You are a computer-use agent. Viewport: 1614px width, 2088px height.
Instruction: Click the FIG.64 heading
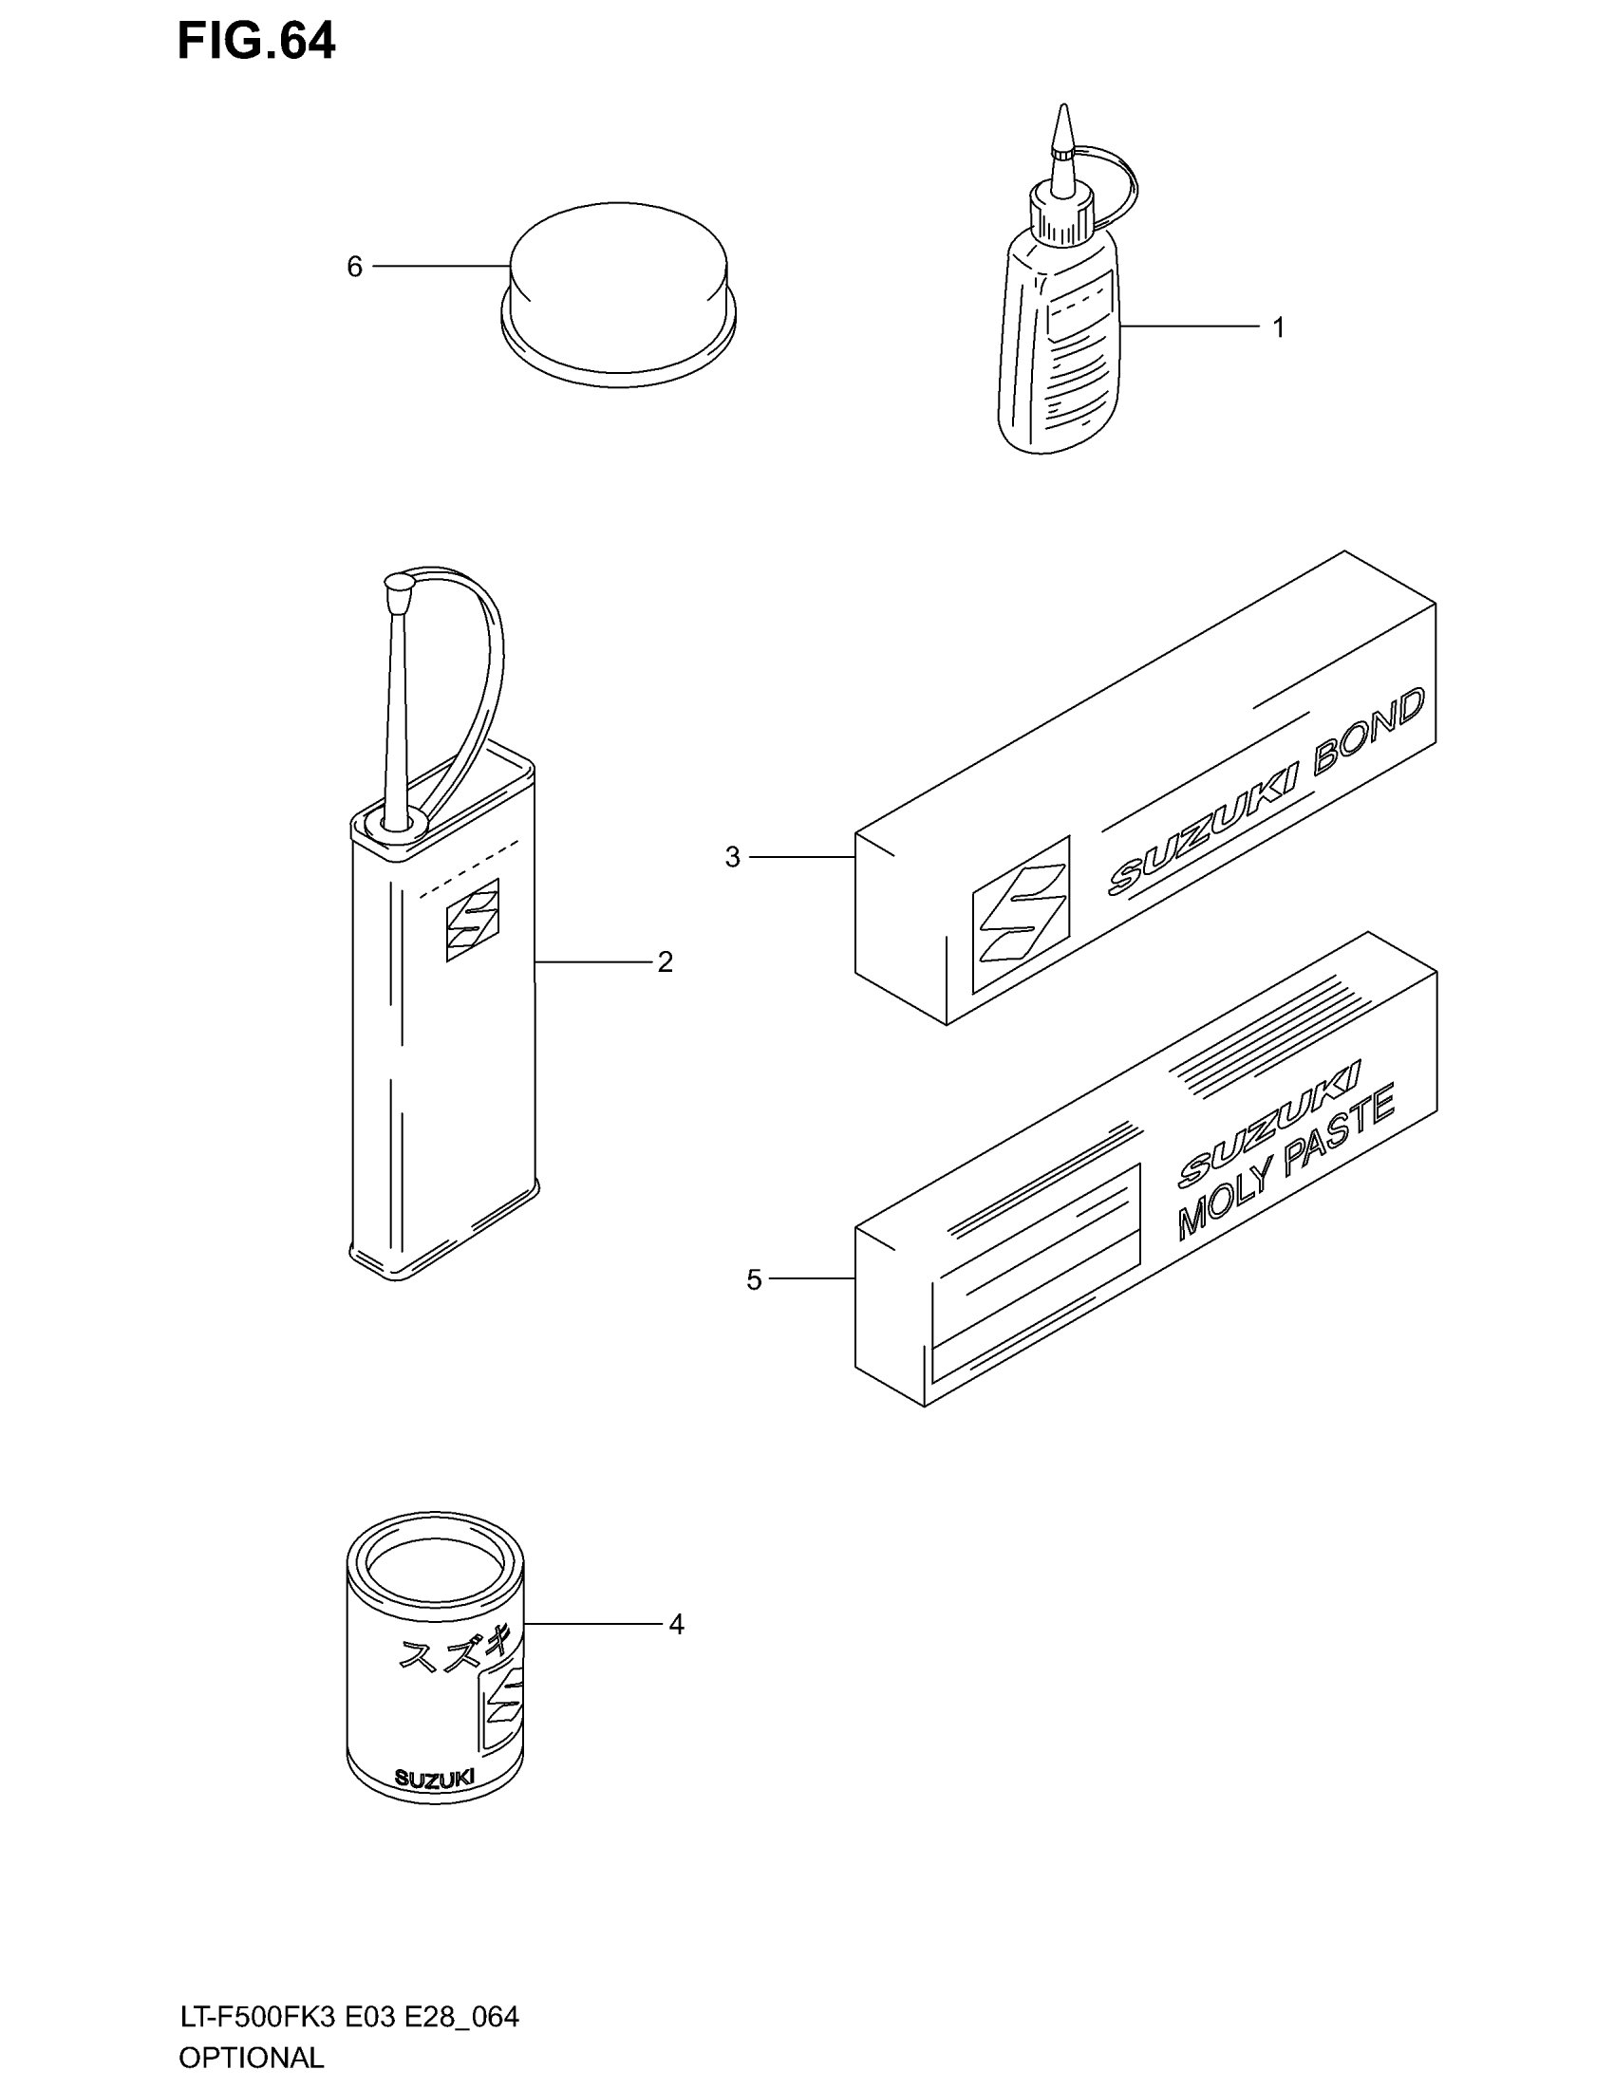256,43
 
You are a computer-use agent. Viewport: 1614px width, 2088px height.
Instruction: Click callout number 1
1279,328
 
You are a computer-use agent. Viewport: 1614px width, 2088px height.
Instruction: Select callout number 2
666,961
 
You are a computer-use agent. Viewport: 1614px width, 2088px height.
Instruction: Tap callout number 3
732,858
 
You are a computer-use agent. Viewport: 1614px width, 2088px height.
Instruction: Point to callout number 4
676,1624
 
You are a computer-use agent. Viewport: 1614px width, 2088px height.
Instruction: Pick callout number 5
755,1280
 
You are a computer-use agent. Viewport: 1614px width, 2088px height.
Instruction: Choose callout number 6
355,267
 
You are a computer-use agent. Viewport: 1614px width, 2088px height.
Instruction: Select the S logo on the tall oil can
473,920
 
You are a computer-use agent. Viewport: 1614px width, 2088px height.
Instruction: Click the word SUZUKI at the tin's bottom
433,1779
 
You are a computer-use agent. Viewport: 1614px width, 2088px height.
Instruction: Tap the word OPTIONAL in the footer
252,2057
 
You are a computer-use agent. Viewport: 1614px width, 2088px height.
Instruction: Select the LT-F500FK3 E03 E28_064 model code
349,2017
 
